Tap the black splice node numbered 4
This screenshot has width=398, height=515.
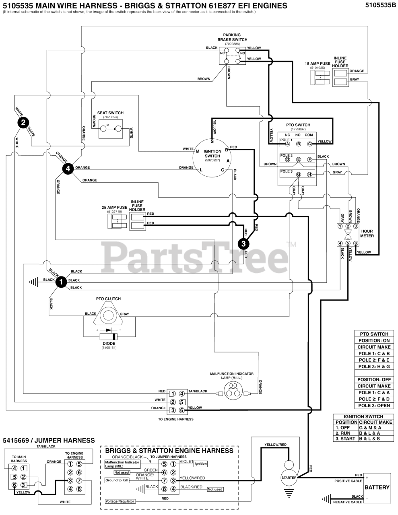(x=68, y=169)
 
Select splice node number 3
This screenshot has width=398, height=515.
(x=243, y=243)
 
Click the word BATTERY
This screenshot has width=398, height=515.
(x=377, y=487)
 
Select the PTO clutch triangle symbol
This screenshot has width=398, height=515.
(x=107, y=314)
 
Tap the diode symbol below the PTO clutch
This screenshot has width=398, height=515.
(x=109, y=336)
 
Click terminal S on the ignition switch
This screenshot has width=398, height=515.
(x=212, y=141)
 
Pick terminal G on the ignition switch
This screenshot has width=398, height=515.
(x=223, y=170)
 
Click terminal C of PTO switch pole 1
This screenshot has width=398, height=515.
(x=309, y=144)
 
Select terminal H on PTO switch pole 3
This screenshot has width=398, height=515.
(x=309, y=175)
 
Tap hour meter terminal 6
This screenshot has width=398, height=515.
(x=355, y=243)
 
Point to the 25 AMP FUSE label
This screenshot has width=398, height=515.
(x=114, y=208)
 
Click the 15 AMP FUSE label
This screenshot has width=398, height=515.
(x=318, y=64)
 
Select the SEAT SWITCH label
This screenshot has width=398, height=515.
(x=110, y=113)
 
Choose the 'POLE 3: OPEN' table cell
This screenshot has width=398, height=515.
(x=374, y=406)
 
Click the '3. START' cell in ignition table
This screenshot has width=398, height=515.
(x=345, y=439)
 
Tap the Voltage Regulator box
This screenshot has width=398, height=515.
(x=120, y=501)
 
